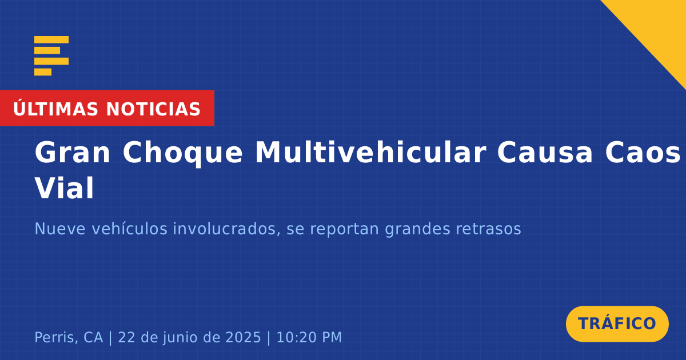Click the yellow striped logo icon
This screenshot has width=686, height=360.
[x=51, y=56]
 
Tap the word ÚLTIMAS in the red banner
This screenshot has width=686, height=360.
[x=55, y=109]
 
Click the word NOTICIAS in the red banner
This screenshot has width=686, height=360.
[x=153, y=109]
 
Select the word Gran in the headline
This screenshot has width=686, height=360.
[x=72, y=153]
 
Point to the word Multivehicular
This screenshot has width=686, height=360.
[x=370, y=152]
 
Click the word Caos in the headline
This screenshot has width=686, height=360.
[x=642, y=153]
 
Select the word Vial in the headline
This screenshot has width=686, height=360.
[x=64, y=188]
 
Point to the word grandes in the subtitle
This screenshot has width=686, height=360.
[x=418, y=229]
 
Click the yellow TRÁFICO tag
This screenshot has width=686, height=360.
[x=617, y=324]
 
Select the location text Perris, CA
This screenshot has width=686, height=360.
[x=69, y=337]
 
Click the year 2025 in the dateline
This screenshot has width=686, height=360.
[x=243, y=337]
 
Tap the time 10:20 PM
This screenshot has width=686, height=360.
[x=309, y=337]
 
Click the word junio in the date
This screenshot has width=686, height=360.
[x=181, y=338]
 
